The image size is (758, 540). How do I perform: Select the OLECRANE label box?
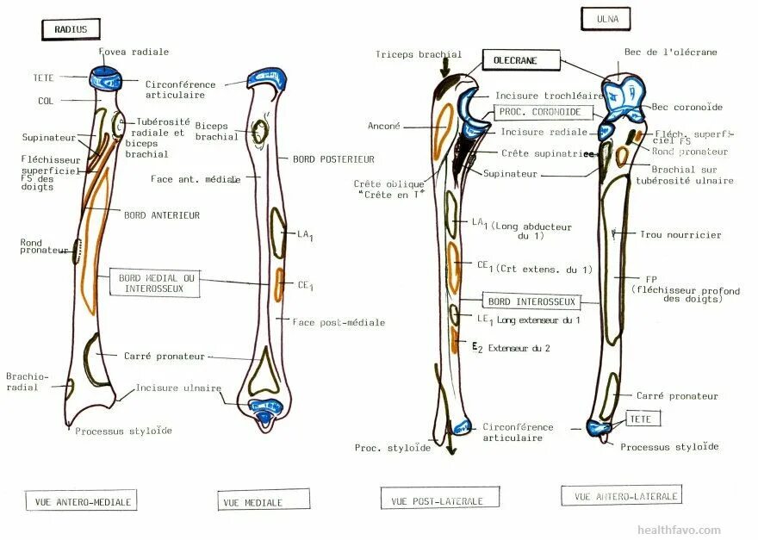pyautogui.click(x=521, y=61)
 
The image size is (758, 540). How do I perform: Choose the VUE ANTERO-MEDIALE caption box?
pyautogui.click(x=81, y=500)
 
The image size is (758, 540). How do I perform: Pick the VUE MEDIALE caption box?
pyautogui.click(x=263, y=500)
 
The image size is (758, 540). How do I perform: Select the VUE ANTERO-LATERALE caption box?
pyautogui.click(x=622, y=495)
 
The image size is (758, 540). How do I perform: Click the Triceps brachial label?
pyautogui.click(x=419, y=54)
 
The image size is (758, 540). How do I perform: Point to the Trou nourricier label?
pyautogui.click(x=680, y=234)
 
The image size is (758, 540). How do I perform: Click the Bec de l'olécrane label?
pyautogui.click(x=670, y=53)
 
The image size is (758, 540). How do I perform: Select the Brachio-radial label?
pyautogui.click(x=28, y=382)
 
